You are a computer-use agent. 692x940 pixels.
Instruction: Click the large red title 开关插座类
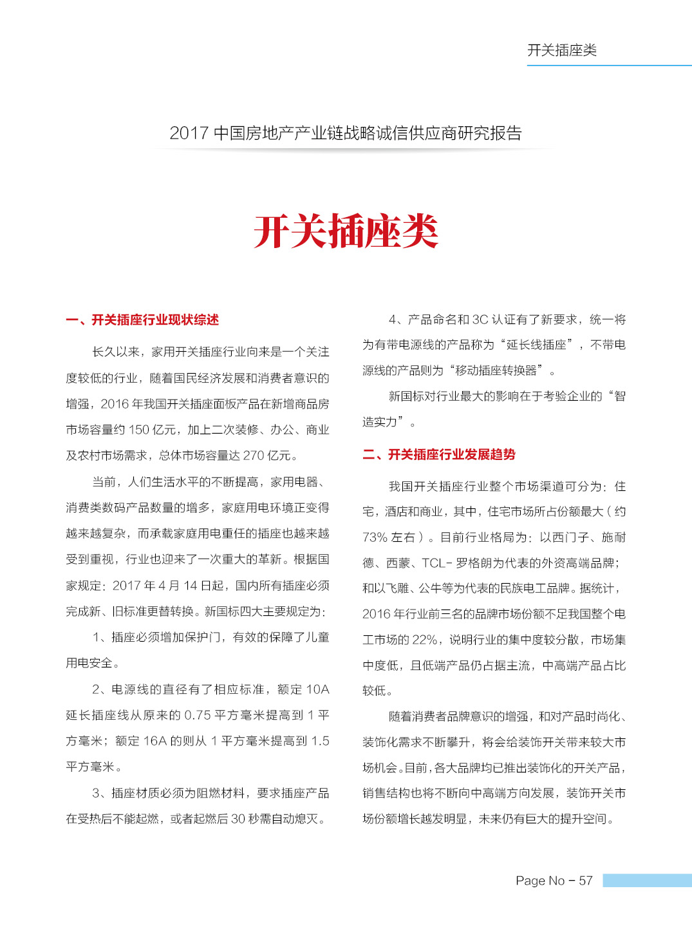[346, 232]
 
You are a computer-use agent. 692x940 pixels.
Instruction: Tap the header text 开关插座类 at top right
[562, 50]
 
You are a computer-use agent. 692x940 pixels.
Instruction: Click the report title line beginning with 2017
[346, 133]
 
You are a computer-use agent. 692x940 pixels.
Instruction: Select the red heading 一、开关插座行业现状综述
[142, 320]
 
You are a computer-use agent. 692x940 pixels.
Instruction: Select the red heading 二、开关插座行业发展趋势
[439, 455]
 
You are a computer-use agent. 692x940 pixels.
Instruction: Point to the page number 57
[585, 881]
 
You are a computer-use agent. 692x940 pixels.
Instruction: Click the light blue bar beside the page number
[646, 881]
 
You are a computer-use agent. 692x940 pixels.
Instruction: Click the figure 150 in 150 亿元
[139, 430]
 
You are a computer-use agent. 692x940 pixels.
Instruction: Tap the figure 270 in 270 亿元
[254, 456]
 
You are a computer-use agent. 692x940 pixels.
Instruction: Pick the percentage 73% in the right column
[375, 537]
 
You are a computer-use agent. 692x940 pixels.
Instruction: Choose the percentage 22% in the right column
[425, 640]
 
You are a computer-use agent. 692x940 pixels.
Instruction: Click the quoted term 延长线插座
[536, 345]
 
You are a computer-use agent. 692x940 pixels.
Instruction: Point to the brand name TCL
[435, 563]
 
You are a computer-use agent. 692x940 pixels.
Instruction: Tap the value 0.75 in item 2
[197, 715]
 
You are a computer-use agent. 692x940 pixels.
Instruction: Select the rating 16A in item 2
[154, 741]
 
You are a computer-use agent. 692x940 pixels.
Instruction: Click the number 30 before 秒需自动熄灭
[238, 819]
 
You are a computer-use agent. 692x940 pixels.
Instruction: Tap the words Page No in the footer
[540, 881]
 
